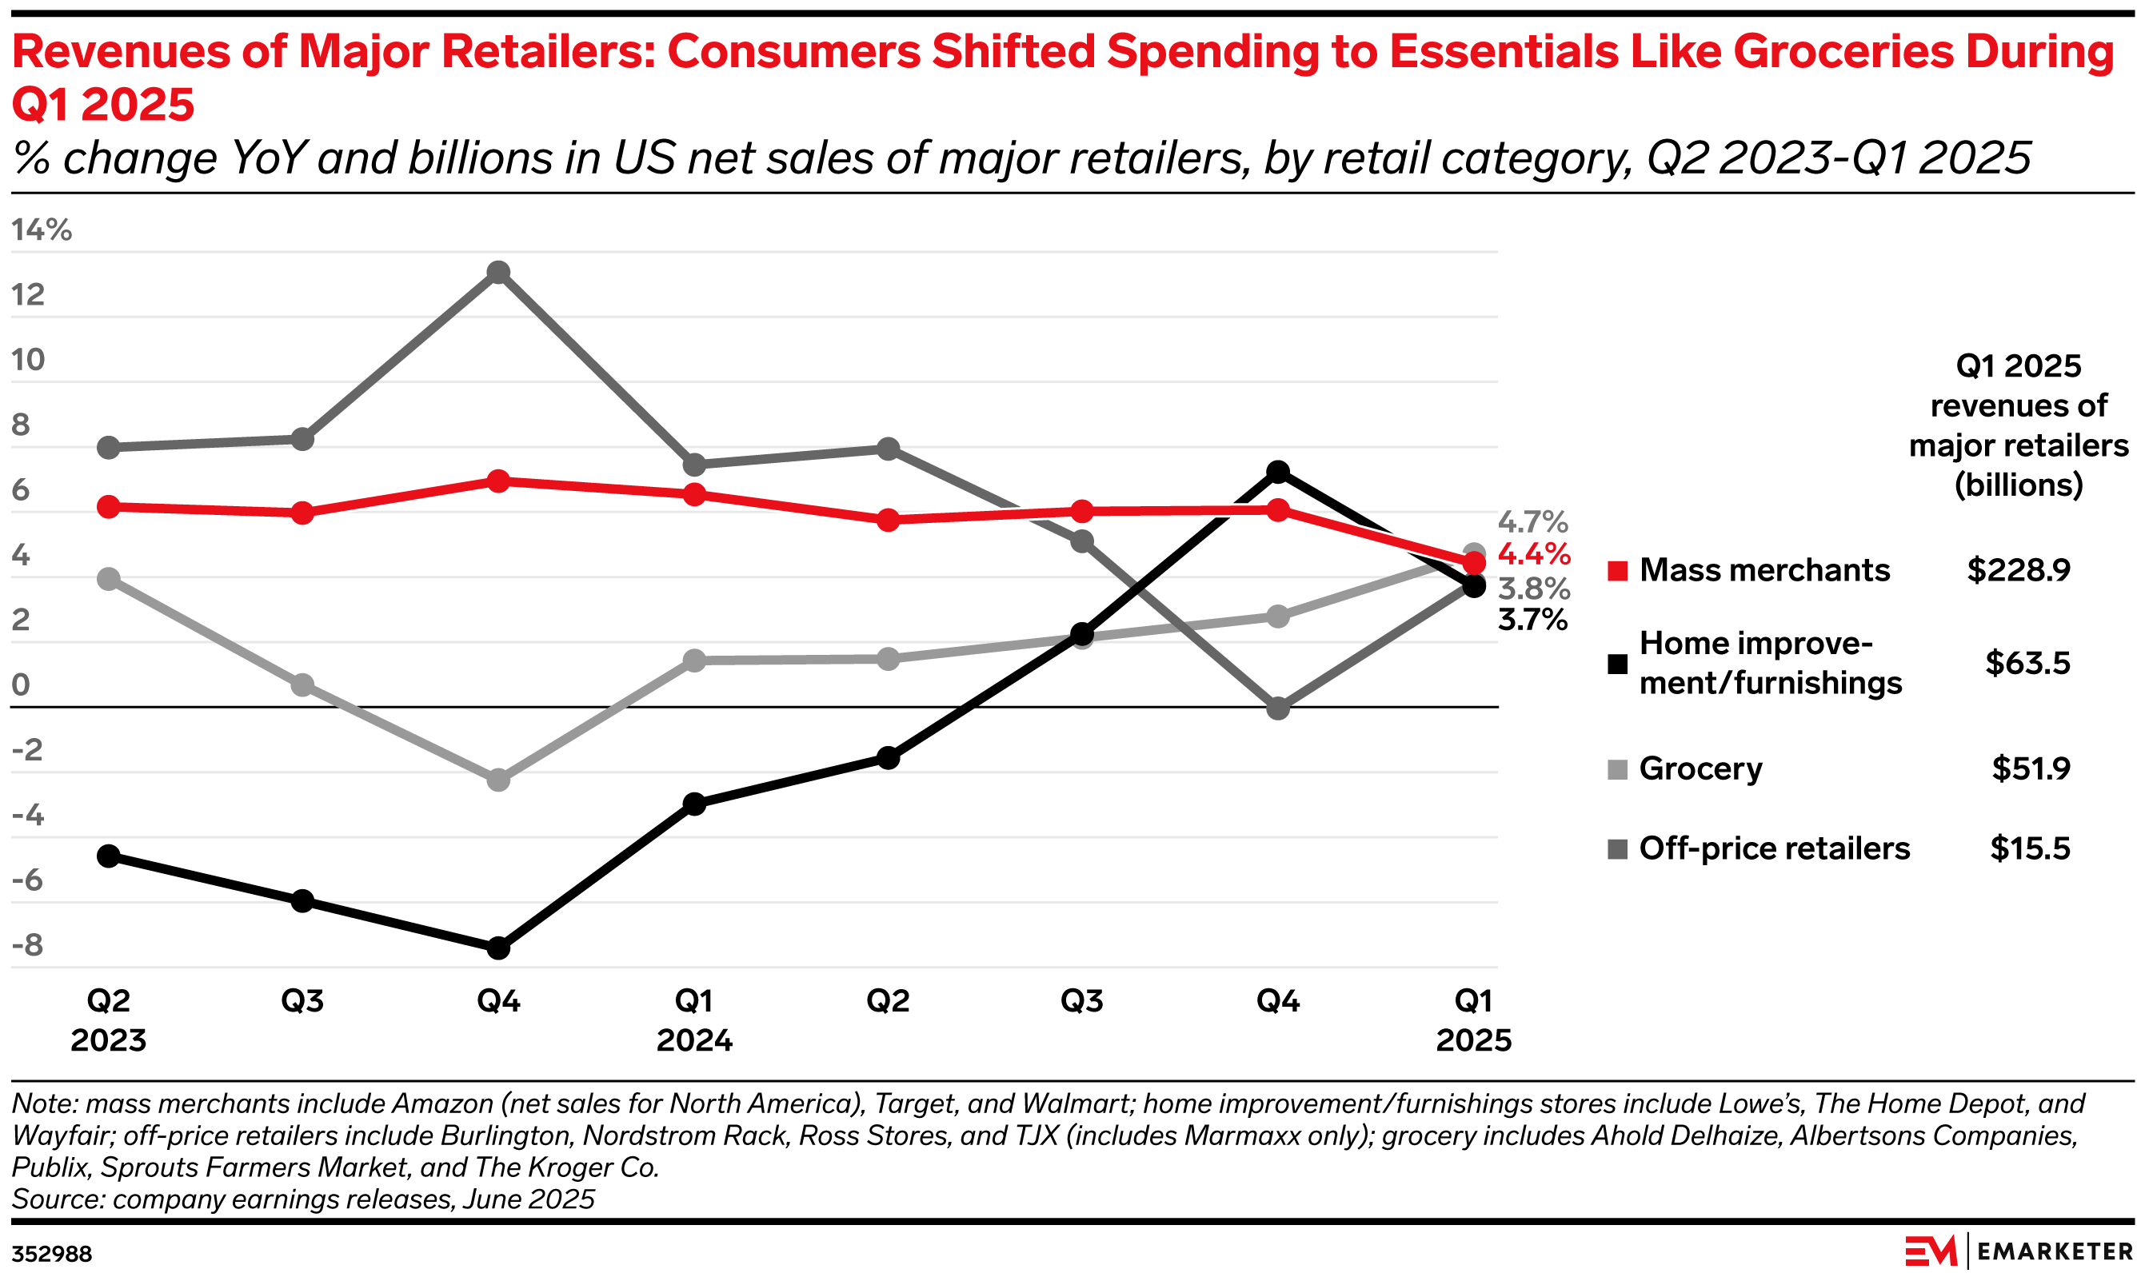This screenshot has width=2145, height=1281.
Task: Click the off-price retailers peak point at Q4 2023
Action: [x=498, y=273]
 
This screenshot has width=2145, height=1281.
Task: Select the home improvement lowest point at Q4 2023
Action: [x=498, y=948]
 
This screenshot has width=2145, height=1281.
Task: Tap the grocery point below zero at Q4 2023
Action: [x=498, y=780]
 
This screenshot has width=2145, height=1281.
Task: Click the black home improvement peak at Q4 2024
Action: [x=1278, y=472]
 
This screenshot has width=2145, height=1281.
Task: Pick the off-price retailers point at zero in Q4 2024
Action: [x=1278, y=708]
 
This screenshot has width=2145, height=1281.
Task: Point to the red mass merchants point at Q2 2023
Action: [x=109, y=507]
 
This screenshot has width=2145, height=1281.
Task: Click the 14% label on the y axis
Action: [x=42, y=229]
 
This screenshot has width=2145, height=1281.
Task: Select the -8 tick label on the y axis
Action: [x=28, y=945]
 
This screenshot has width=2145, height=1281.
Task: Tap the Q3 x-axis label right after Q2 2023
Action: [x=303, y=1001]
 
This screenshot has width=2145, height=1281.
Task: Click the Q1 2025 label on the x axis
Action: [x=1473, y=1020]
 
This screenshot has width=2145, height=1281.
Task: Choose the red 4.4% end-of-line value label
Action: [x=1534, y=554]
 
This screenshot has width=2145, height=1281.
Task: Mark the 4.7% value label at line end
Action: [x=1533, y=522]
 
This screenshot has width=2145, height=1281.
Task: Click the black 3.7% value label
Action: [x=1533, y=620]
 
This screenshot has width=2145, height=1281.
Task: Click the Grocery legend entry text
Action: [x=1700, y=768]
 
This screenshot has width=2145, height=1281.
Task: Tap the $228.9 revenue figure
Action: [x=2018, y=571]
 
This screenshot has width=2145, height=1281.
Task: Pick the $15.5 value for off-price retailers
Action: [x=2030, y=848]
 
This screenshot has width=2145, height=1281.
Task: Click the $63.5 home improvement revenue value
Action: [x=2027, y=663]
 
